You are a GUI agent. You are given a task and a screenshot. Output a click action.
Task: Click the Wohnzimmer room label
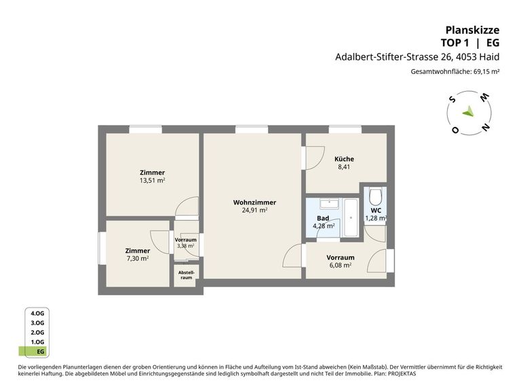(254, 202)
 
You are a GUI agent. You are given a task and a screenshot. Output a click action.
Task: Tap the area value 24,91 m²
(254, 210)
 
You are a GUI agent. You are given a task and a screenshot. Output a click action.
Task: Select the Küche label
(344, 159)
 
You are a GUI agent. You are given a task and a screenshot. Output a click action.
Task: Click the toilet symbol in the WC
(376, 197)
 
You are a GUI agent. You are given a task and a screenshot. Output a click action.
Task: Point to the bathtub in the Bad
(351, 218)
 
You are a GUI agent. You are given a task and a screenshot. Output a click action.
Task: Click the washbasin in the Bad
(329, 204)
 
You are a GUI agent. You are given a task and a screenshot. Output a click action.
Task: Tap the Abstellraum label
(187, 275)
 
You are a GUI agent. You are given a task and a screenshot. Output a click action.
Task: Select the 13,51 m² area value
(152, 181)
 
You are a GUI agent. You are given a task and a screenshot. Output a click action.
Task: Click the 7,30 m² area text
(138, 259)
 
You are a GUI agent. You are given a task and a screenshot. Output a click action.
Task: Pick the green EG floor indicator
(34, 352)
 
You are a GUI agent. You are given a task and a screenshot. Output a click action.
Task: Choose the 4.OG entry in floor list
(37, 313)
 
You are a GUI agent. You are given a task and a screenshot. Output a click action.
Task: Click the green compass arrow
(468, 111)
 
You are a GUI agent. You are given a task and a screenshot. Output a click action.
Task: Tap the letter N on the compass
(485, 128)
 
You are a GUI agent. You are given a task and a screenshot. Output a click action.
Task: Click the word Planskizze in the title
(472, 30)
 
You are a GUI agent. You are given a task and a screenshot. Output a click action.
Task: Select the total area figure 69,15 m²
(486, 71)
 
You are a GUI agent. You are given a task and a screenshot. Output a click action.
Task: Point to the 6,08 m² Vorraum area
(341, 265)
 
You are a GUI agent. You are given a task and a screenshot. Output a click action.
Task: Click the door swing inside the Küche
(315, 158)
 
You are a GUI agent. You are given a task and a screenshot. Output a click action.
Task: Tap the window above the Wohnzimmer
(252, 130)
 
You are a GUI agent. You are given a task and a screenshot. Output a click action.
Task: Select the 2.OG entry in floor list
(37, 333)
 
